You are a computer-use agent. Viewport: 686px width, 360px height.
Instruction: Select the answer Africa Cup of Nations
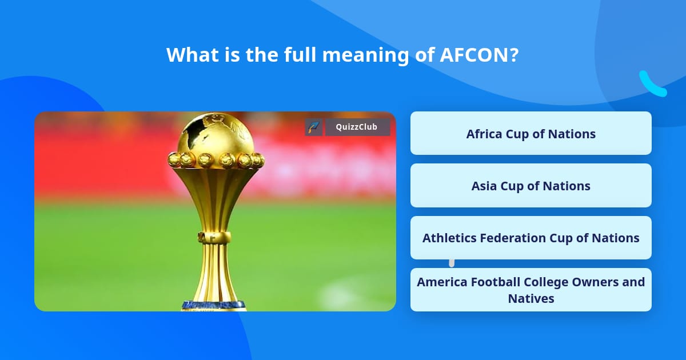[x=531, y=134]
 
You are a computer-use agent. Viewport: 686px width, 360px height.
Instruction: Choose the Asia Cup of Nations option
[x=531, y=186]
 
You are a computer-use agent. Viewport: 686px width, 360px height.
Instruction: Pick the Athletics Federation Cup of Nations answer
[x=531, y=238]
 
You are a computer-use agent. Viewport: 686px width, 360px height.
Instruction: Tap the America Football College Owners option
[x=531, y=290]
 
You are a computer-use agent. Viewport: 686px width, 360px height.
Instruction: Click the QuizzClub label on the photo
[x=357, y=127]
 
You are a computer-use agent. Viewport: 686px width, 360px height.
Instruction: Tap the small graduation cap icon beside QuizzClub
[x=314, y=127]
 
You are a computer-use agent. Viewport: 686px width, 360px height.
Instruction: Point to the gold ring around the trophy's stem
[x=215, y=237]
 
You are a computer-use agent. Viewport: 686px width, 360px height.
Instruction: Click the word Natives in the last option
[x=531, y=298]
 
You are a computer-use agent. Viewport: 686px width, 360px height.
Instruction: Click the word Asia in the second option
[x=484, y=186]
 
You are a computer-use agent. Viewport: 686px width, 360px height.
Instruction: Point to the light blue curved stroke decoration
[x=652, y=85]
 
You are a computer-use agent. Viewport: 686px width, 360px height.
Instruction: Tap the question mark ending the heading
[x=514, y=55]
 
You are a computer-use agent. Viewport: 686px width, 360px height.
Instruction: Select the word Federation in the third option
[x=514, y=238]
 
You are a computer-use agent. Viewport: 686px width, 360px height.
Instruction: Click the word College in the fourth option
[x=554, y=282]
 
